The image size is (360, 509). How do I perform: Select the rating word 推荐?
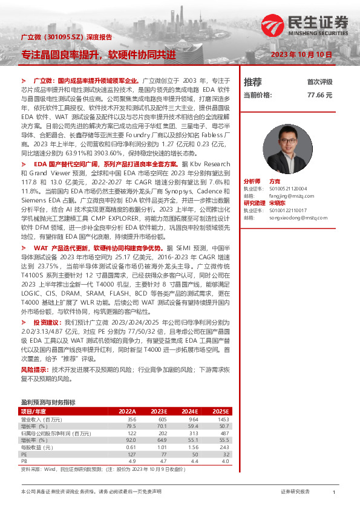[252, 82]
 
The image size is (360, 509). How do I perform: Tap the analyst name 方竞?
[274, 181]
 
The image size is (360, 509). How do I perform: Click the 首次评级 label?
[319, 82]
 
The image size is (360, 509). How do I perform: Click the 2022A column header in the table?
[128, 411]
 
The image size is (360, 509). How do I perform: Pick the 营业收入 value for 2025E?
[223, 419]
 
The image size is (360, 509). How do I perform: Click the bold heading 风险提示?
[35, 368]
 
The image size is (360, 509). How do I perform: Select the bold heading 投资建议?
[46, 322]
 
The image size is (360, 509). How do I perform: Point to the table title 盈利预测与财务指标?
[48, 401]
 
